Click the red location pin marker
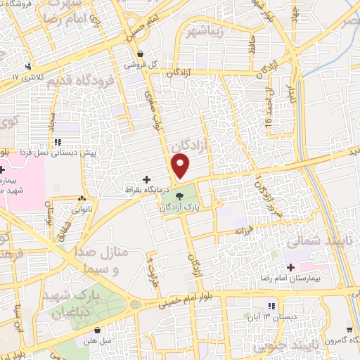tap(181, 167)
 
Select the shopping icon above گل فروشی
tap(141, 53)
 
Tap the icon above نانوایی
tap(83, 198)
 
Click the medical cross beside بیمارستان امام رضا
tap(290, 267)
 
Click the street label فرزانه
tap(243, 230)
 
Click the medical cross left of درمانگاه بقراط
tap(146, 179)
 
